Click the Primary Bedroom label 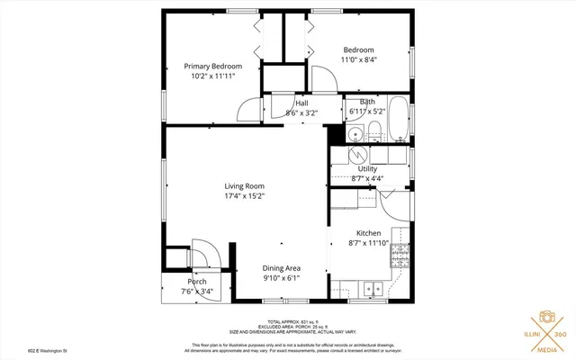[212, 66]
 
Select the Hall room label [290, 103]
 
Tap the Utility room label [367, 168]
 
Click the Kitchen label [369, 232]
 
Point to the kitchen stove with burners [397, 259]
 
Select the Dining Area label [281, 268]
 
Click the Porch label [196, 282]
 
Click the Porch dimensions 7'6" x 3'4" [196, 292]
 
